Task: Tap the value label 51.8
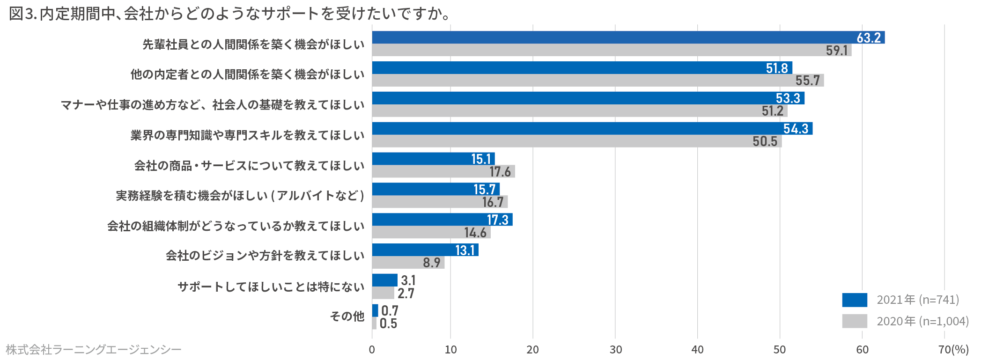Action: point(777,68)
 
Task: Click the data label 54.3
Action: point(796,129)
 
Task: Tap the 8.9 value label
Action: point(431,263)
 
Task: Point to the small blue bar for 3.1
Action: point(384,280)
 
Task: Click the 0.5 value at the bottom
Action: point(388,323)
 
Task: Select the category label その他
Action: point(347,316)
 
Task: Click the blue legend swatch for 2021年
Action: point(854,300)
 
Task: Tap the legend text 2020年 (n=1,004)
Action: point(922,321)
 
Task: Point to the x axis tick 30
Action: point(615,350)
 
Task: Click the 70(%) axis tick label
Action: point(953,350)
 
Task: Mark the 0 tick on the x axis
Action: point(372,350)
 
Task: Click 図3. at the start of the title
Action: point(22,14)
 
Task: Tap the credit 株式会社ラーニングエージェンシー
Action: point(93,350)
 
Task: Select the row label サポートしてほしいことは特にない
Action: point(271,287)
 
